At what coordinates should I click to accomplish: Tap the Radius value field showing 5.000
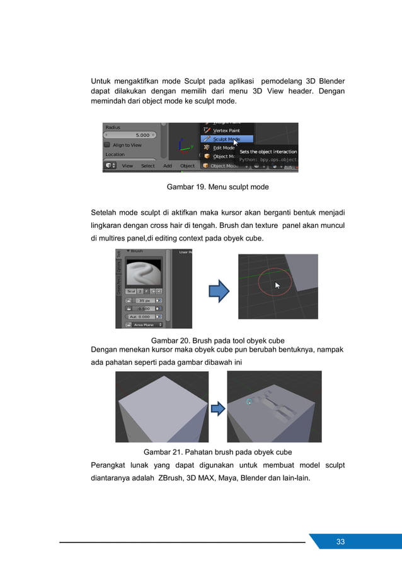[130, 134]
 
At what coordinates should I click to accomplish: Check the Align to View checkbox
[107, 145]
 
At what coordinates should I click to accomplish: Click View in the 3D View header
[127, 166]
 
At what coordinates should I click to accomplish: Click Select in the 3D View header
[148, 166]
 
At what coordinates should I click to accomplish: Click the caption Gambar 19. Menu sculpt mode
[217, 187]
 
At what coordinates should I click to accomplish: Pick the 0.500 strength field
[144, 308]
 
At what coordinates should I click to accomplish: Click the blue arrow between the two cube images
[217, 410]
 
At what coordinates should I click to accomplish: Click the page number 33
[340, 542]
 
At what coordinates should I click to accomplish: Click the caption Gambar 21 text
[217, 452]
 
